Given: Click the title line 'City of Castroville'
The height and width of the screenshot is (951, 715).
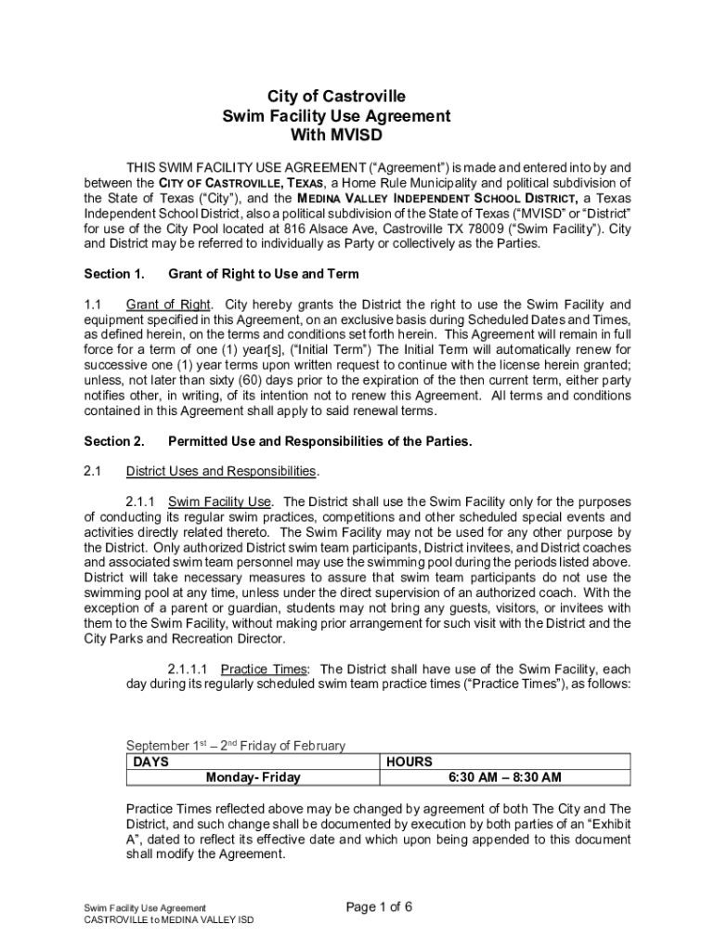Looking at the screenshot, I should click(336, 97).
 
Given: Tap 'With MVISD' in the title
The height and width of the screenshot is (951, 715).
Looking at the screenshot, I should click(336, 136).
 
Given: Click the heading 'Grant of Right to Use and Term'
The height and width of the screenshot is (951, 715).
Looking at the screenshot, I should click(263, 274).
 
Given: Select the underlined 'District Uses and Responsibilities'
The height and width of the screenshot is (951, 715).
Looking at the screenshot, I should click(221, 471).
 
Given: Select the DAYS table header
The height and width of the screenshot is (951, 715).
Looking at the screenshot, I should click(150, 762).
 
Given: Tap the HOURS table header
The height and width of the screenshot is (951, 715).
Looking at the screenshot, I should click(409, 762).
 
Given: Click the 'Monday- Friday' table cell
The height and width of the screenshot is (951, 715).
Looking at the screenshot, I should click(253, 777).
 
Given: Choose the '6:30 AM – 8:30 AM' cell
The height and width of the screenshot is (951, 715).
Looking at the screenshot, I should click(504, 777).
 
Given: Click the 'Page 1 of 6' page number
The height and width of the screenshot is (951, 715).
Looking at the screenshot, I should click(379, 907).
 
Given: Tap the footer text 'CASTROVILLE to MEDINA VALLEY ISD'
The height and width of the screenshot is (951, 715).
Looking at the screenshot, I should click(168, 919).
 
